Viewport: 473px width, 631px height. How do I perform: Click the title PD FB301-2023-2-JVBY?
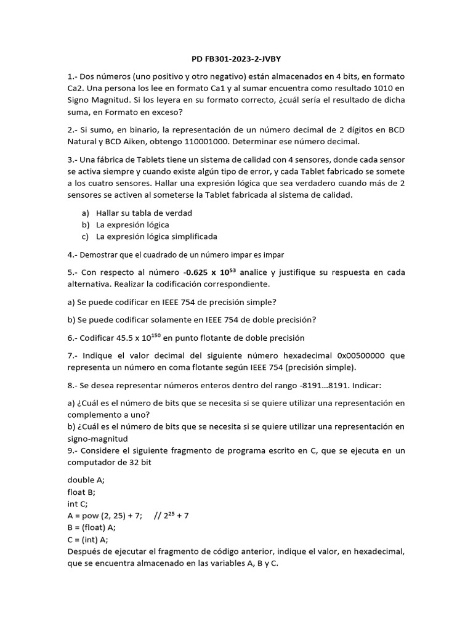[236, 59]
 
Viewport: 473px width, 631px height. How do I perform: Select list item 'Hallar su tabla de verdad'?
[144, 213]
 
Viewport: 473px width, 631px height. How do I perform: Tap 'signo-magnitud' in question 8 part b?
[98, 439]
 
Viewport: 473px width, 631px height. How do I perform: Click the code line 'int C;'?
[78, 503]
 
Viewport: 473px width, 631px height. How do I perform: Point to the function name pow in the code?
[92, 516]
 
